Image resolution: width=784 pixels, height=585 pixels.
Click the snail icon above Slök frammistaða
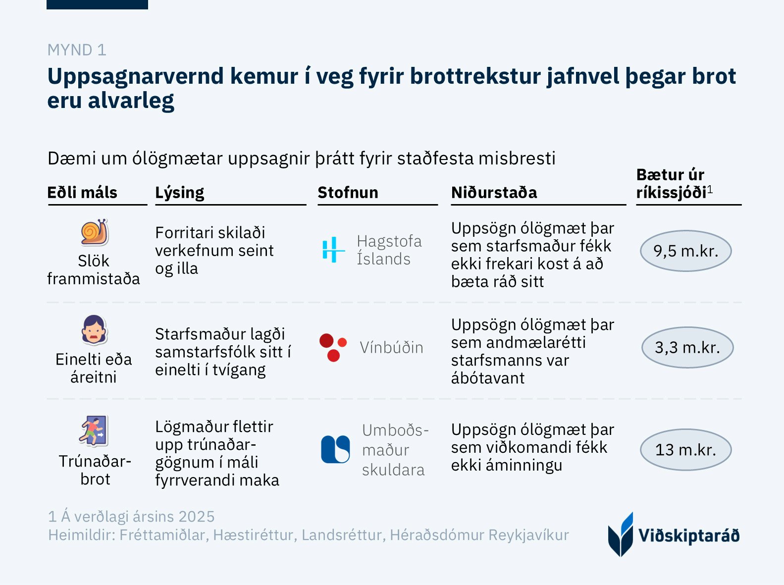(x=95, y=232)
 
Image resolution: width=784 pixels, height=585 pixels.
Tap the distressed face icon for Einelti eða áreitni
(x=94, y=330)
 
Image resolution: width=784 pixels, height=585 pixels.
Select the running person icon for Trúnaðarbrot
(x=94, y=431)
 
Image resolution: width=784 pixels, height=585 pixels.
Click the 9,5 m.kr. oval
(x=685, y=251)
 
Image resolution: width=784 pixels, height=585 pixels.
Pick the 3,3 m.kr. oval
(x=687, y=347)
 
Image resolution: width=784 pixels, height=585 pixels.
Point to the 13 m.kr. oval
(x=685, y=450)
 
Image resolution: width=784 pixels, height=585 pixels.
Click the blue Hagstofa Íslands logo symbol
(x=333, y=250)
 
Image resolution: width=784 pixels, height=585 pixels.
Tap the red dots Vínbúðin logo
(x=333, y=347)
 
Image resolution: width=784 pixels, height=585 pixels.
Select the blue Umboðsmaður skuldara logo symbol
(x=335, y=449)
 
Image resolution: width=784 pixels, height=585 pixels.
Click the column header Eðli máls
(x=82, y=193)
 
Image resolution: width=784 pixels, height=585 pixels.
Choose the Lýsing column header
(x=179, y=193)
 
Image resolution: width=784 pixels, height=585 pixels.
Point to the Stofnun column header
(x=348, y=193)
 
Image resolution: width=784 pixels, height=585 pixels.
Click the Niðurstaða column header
(x=494, y=193)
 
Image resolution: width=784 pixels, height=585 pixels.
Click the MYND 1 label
(x=77, y=50)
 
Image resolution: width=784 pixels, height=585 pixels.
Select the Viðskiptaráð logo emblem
(x=621, y=535)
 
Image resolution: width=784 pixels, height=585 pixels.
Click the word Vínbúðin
(x=391, y=348)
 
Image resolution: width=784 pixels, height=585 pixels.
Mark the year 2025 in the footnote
(x=196, y=517)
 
